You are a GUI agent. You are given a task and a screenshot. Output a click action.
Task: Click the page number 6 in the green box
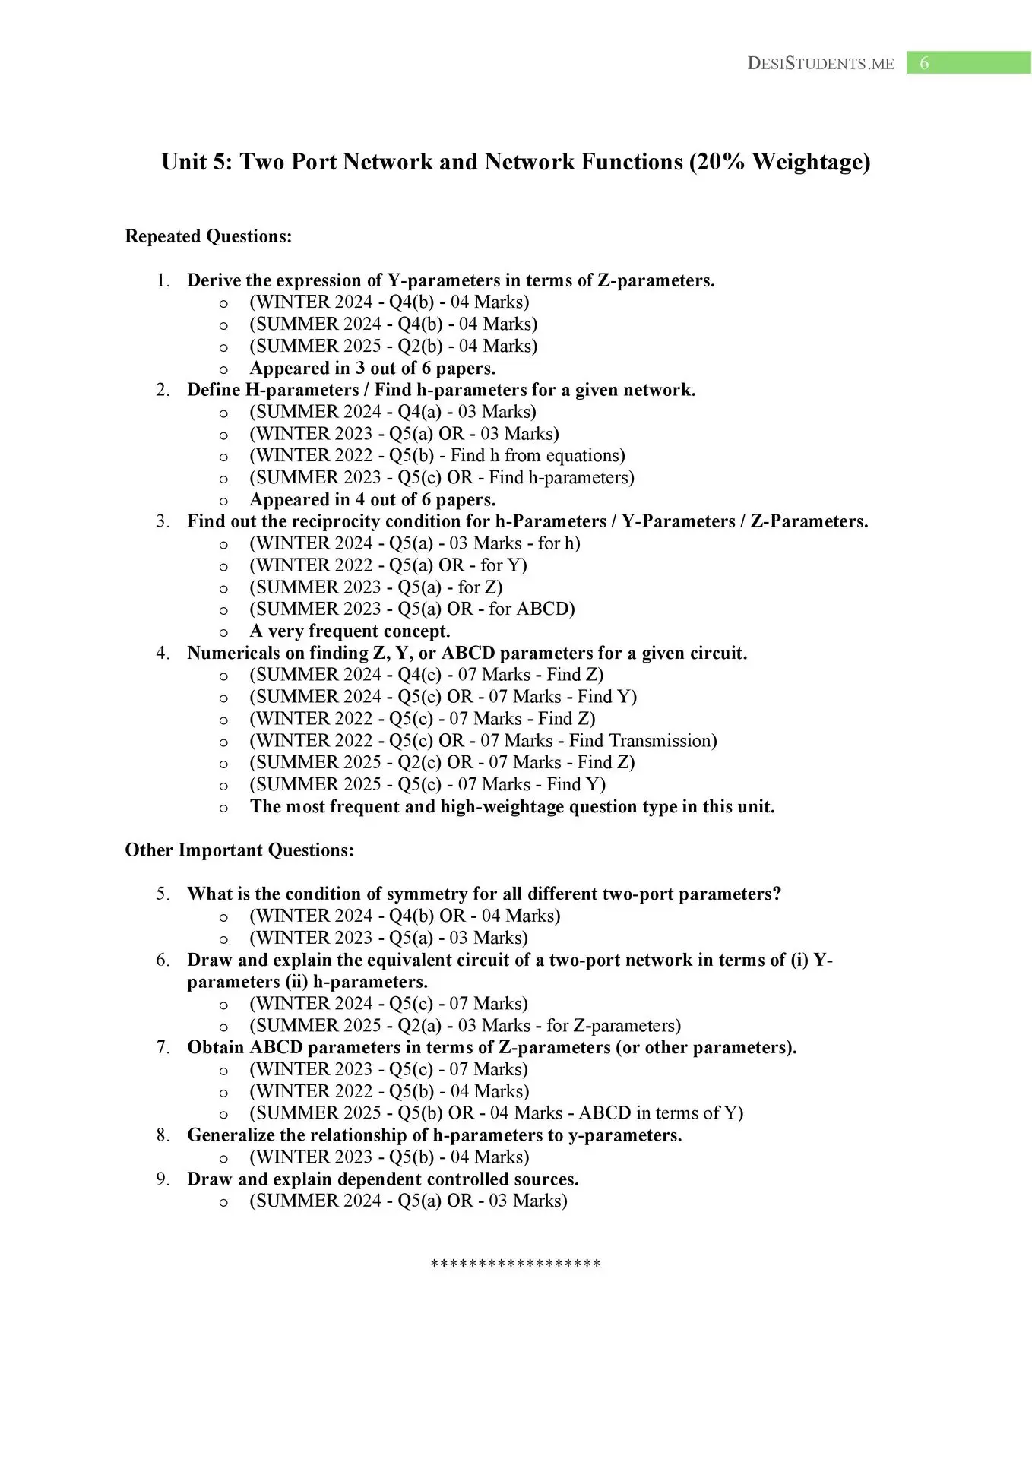(x=924, y=63)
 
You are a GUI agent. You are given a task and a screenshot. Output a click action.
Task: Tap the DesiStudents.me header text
(x=821, y=64)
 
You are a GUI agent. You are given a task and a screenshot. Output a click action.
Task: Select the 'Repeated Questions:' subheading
(x=208, y=236)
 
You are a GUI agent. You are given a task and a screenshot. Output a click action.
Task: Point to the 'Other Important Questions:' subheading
(x=239, y=850)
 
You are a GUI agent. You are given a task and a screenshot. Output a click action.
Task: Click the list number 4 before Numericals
(x=163, y=654)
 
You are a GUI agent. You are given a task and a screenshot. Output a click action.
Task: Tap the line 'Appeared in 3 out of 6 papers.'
(x=372, y=369)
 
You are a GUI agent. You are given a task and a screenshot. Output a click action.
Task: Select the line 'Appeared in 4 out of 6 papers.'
(x=372, y=500)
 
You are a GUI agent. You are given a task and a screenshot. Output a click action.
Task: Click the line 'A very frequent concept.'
(x=350, y=631)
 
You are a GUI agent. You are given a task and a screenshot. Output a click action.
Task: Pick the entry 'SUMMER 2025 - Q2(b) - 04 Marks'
(x=393, y=347)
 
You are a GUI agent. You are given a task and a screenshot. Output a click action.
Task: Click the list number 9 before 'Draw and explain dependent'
(x=163, y=1179)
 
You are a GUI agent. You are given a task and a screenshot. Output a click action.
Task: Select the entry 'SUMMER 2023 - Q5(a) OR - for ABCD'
(x=412, y=609)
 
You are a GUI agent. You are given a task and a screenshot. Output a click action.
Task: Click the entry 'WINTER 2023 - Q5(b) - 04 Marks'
(x=389, y=1157)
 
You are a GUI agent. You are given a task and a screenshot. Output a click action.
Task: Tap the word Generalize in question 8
(x=231, y=1135)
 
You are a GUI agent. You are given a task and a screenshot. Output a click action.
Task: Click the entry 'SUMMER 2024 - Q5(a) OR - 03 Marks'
(x=408, y=1201)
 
